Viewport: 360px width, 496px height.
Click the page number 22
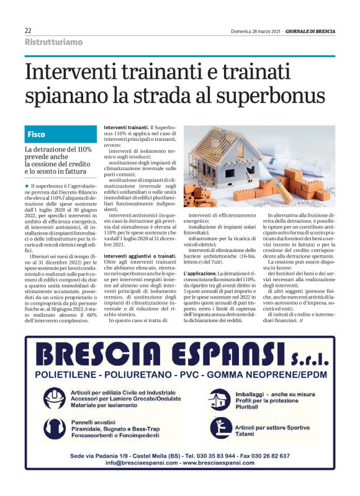[x=28, y=30]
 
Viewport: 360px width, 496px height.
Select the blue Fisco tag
[x=37, y=134]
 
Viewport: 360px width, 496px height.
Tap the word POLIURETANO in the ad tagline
[x=131, y=375]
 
